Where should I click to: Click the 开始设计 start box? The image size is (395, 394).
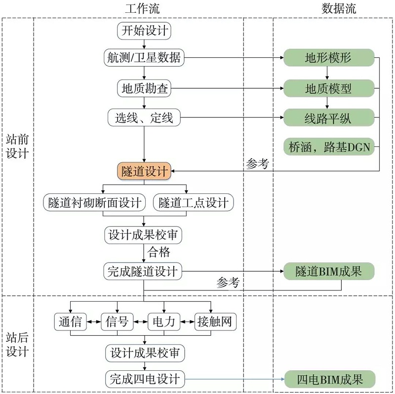point(144,32)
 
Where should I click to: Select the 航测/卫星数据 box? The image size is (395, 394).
point(144,58)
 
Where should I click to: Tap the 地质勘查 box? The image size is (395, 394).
point(144,89)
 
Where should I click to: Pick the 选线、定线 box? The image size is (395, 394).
point(144,118)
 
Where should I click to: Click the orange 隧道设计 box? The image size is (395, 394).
point(144,171)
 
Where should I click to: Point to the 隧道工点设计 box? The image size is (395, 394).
point(193,202)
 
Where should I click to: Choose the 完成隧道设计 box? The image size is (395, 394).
point(144,271)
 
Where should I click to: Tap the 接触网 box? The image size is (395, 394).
point(214,322)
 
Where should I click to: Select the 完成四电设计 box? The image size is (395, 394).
point(144,379)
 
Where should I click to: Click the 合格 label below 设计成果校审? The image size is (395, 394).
point(159,252)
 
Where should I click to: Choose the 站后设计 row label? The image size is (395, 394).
point(17,344)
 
